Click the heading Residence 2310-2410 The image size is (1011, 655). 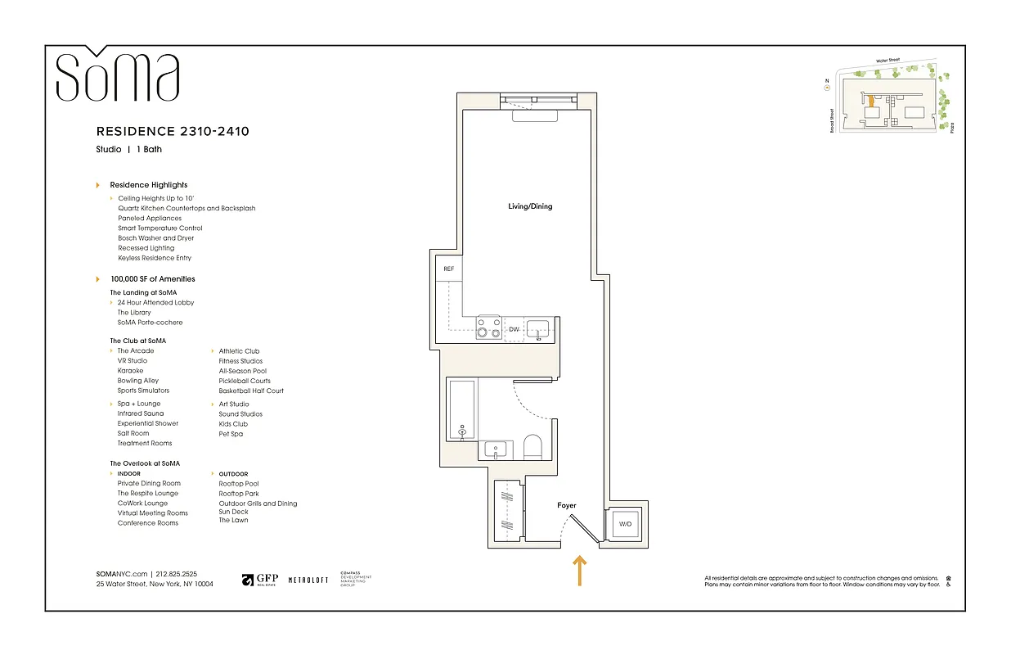coord(173,131)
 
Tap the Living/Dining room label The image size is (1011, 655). coord(530,206)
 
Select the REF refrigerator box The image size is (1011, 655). coord(448,269)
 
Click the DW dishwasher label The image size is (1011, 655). coord(514,330)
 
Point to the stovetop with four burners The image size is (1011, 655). coord(489,328)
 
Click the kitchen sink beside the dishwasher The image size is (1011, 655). coord(538,329)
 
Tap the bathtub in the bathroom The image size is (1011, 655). coord(462,409)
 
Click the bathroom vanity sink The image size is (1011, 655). coord(497,449)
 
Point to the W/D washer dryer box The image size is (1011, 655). coord(626,523)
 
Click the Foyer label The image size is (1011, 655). coord(567,506)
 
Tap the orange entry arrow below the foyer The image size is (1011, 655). coord(580,570)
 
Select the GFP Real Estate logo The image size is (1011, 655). coord(260,580)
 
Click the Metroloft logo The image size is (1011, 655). coord(308,580)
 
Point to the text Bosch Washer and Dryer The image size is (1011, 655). coord(155,238)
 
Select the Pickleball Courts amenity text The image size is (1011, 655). coord(245,381)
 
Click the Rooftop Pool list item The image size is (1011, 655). coord(239,484)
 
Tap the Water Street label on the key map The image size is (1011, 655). coord(892,61)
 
